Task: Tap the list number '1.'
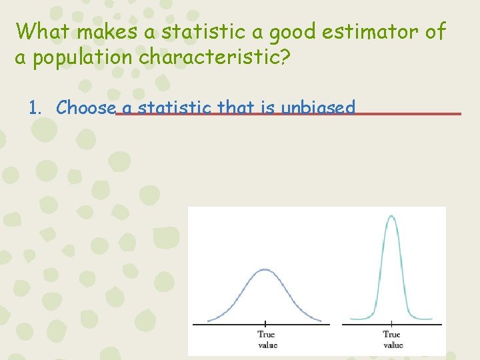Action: tap(37, 107)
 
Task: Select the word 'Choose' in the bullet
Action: tap(86, 107)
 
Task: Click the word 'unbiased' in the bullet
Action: tap(318, 107)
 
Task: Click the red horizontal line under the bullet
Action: tap(407, 114)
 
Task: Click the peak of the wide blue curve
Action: tap(265, 270)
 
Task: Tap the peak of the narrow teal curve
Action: tap(391, 215)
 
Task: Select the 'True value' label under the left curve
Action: tap(266, 339)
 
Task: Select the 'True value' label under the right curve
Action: tap(392, 339)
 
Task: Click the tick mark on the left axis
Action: tap(265, 324)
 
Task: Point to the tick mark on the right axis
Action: tap(391, 324)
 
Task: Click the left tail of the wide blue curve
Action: tap(213, 319)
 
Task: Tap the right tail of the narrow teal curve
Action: tap(423, 319)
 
